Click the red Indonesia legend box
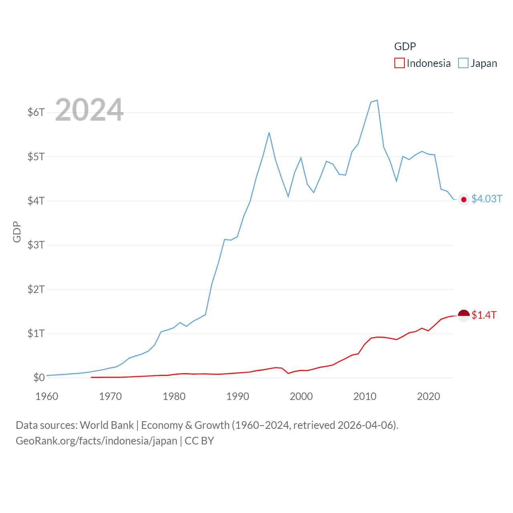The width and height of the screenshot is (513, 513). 399,63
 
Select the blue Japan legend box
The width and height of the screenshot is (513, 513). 463,63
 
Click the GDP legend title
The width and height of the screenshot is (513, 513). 405,46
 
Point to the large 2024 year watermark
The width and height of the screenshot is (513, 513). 89,110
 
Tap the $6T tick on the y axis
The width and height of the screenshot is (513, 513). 36,112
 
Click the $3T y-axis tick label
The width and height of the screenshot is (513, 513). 36,245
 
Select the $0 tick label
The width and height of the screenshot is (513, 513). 39,378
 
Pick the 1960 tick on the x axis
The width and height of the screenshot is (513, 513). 47,396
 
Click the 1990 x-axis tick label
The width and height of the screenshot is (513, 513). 238,396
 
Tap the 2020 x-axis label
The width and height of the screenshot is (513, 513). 428,396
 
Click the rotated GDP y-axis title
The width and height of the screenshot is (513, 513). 17,232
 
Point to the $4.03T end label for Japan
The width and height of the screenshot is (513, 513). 487,199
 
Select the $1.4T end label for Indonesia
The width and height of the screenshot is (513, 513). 484,315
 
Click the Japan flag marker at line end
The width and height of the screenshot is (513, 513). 464,200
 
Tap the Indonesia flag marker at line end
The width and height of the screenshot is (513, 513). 464,315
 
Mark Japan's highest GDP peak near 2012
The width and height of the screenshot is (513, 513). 377,100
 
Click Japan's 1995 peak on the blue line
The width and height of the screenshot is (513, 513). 269,133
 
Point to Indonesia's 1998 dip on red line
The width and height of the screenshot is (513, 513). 288,373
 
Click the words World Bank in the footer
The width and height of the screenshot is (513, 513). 107,425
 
